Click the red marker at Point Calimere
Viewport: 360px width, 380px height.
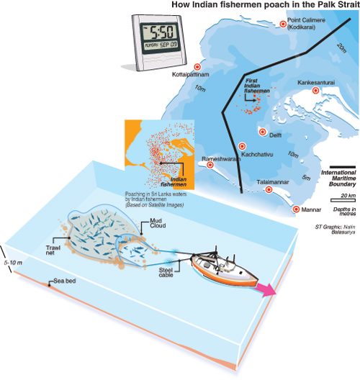(283, 24)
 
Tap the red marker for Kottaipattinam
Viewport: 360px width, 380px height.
(197, 67)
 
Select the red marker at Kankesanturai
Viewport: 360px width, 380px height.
(315, 91)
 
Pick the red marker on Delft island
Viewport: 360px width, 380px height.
(263, 132)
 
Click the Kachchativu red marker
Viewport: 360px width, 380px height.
(242, 146)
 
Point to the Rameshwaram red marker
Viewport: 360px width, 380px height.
(210, 165)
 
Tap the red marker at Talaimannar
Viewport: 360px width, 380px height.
(269, 189)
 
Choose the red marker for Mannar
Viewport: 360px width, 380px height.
(296, 209)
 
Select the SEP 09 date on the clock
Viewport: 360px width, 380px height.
(168, 45)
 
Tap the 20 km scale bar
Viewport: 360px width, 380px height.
(343, 200)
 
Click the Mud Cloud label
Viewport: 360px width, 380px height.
(158, 223)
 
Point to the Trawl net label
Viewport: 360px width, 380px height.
(53, 250)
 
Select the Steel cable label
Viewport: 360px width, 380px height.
(166, 272)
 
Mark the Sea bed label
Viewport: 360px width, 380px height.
(65, 281)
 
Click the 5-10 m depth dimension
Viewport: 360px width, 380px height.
(13, 263)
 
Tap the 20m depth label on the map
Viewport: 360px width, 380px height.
(341, 47)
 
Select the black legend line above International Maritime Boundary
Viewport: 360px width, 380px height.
(343, 167)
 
